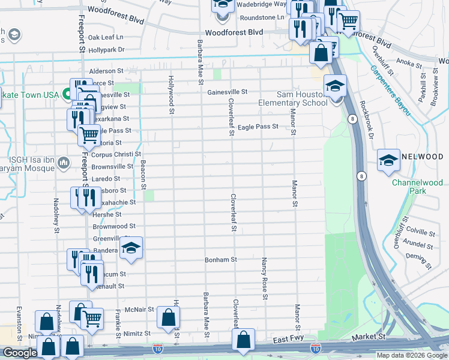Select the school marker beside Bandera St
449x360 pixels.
(x=131, y=249)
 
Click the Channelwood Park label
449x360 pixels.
(x=417, y=187)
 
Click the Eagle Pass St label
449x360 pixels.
(x=258, y=127)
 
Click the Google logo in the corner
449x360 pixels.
(x=20, y=353)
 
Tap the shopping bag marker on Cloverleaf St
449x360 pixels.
(x=243, y=339)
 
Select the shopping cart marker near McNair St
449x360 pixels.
(x=92, y=319)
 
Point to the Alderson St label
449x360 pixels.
(x=106, y=71)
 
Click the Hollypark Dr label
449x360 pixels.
(x=106, y=50)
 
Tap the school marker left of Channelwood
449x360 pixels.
(x=388, y=160)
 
